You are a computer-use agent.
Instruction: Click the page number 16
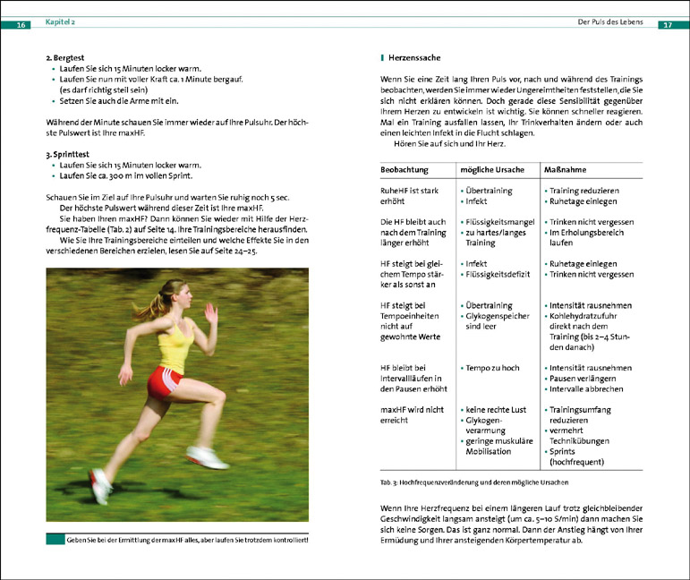pyautogui.click(x=21, y=24)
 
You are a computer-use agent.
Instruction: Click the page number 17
pyautogui.click(x=667, y=24)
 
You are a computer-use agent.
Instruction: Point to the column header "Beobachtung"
pyautogui.click(x=405, y=169)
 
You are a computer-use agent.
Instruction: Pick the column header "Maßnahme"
pyautogui.click(x=566, y=169)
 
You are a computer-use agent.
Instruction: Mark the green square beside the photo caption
pyautogui.click(x=55, y=540)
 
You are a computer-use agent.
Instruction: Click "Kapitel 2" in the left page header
pyautogui.click(x=60, y=20)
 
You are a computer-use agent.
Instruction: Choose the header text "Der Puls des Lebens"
pyautogui.click(x=613, y=20)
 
